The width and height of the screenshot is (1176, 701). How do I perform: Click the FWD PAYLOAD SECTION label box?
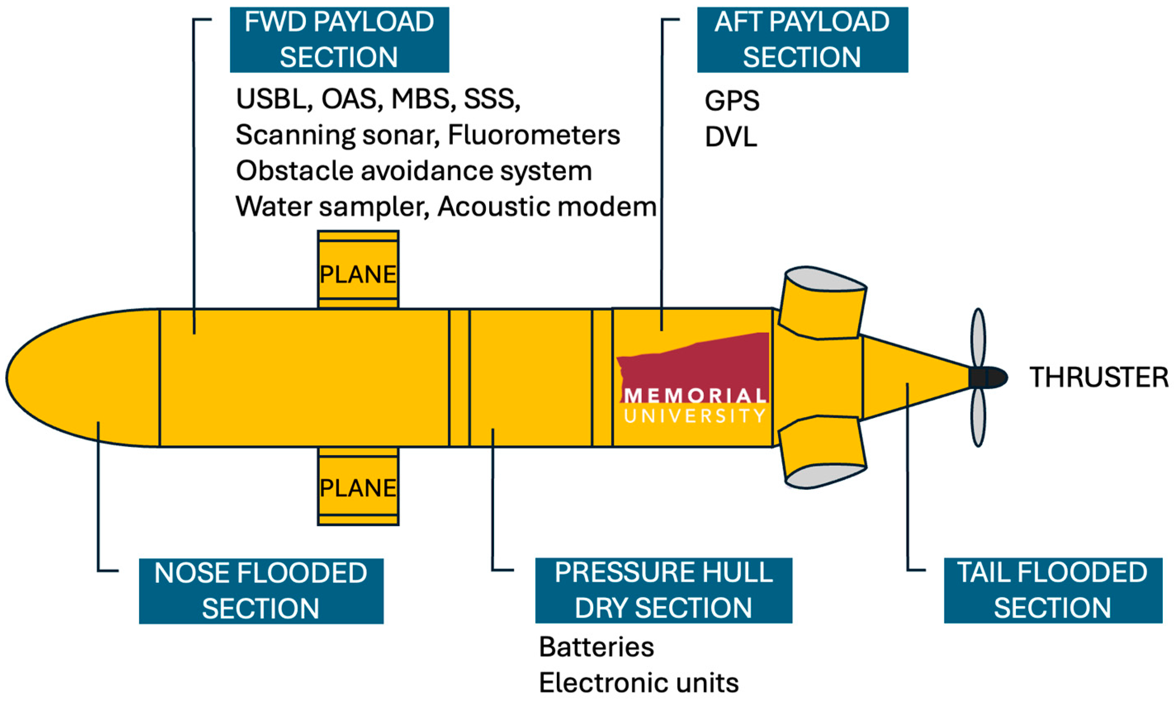click(339, 40)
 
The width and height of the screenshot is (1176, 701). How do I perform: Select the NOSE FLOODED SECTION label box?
click(261, 590)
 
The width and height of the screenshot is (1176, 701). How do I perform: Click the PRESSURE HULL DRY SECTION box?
click(663, 590)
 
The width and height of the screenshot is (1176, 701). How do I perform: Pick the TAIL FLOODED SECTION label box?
click(1053, 590)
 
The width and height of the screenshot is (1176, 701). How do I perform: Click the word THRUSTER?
click(1098, 378)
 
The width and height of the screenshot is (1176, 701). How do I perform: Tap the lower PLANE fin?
click(357, 486)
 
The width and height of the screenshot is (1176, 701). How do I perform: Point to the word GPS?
click(731, 101)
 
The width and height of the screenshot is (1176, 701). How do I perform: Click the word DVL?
click(731, 137)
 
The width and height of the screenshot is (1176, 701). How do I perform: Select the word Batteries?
click(596, 647)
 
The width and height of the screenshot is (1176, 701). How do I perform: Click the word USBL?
click(274, 99)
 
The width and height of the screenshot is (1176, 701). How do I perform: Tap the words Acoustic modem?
click(547, 207)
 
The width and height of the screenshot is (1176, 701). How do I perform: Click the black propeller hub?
click(987, 378)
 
